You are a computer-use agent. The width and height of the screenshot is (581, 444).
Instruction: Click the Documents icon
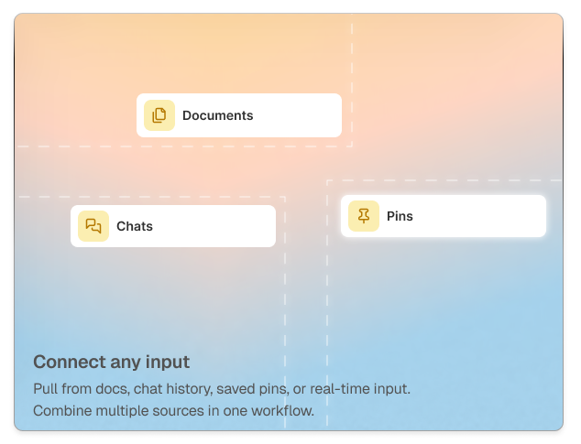pyautogui.click(x=159, y=115)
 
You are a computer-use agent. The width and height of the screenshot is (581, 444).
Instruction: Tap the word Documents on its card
pyautogui.click(x=217, y=115)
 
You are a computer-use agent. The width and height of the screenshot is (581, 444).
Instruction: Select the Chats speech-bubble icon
pyautogui.click(x=93, y=226)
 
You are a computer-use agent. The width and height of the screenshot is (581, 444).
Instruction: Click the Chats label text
pyautogui.click(x=135, y=226)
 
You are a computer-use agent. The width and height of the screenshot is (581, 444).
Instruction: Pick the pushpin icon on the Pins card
pyautogui.click(x=364, y=216)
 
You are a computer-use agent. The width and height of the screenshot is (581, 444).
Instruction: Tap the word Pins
pyautogui.click(x=400, y=217)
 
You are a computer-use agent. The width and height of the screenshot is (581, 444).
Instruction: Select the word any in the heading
pyautogui.click(x=120, y=362)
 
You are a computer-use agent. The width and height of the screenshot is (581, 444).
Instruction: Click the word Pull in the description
pyautogui.click(x=45, y=388)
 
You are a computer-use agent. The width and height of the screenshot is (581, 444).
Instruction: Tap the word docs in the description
pyautogui.click(x=109, y=388)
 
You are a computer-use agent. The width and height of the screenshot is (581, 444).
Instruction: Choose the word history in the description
pyautogui.click(x=190, y=388)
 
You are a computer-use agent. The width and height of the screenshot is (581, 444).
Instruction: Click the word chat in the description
pyautogui.click(x=149, y=388)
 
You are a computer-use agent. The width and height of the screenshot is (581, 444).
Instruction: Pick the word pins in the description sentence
pyautogui.click(x=277, y=388)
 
